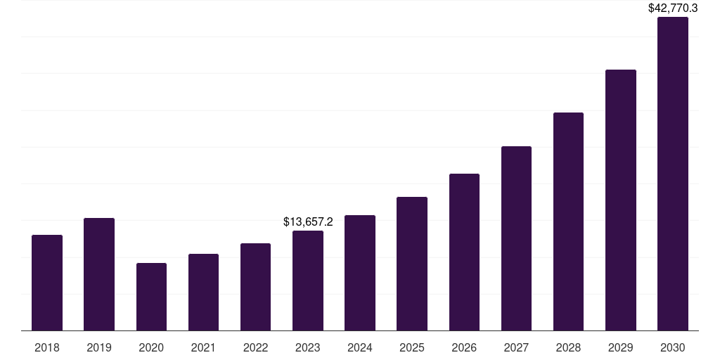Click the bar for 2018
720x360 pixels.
click(47, 283)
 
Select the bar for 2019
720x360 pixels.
click(99, 274)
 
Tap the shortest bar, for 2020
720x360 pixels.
click(151, 297)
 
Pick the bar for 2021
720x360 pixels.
click(203, 292)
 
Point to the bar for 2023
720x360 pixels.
click(308, 281)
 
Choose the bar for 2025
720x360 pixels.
click(412, 264)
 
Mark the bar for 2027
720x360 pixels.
click(516, 238)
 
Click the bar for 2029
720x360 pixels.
click(621, 200)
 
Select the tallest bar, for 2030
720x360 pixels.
click(673, 174)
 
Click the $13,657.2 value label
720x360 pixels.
click(308, 221)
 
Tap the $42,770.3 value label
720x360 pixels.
click(673, 8)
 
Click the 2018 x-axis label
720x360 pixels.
click(47, 347)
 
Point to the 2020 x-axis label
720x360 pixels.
click(151, 347)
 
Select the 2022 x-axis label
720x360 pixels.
click(255, 347)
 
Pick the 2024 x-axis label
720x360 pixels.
click(360, 347)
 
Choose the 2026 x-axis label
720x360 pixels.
click(464, 347)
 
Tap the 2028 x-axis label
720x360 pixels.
click(568, 347)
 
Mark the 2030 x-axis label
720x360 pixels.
click(673, 347)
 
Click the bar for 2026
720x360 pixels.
click(464, 252)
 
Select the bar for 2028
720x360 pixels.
click(568, 221)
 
